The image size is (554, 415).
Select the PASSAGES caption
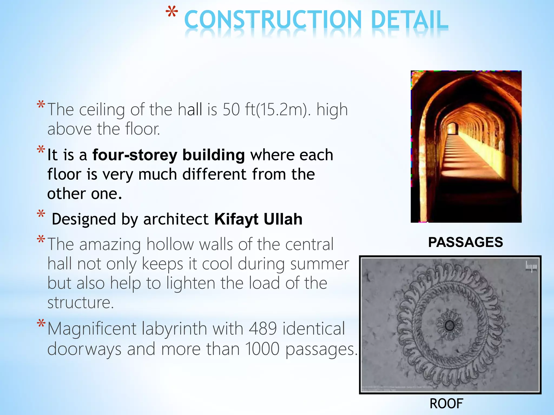[x=465, y=242]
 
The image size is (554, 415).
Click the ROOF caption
[x=446, y=404]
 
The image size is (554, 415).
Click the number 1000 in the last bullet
[x=262, y=349]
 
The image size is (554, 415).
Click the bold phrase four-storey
[x=134, y=155]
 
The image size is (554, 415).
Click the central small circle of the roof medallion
[x=450, y=325]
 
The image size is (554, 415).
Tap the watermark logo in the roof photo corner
[x=531, y=267]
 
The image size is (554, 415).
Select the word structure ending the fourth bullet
[x=80, y=303]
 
